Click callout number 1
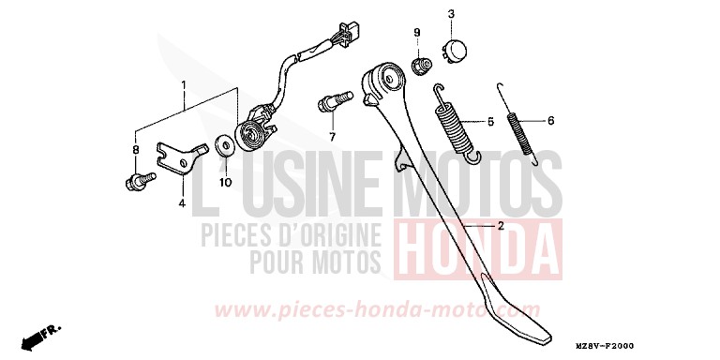184,85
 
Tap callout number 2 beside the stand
501,226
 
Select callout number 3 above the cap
451,15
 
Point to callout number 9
417,33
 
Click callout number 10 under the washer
225,182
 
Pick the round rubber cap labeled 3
454,51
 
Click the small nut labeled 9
421,66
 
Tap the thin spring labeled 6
519,124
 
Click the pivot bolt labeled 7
335,101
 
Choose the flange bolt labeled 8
141,180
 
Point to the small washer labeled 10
225,145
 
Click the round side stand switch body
250,133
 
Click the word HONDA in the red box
478,249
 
